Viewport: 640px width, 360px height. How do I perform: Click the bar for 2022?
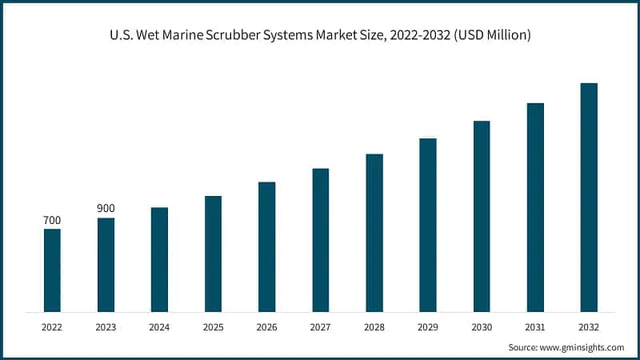click(52, 270)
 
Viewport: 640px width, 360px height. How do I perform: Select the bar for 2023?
click(106, 265)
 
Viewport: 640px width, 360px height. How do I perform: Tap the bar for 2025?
click(213, 254)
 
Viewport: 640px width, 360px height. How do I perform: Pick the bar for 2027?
click(321, 240)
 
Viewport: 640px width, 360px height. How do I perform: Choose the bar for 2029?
click(428, 225)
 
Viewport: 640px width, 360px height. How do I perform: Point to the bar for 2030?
click(482, 216)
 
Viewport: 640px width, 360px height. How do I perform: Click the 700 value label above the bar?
click(52, 220)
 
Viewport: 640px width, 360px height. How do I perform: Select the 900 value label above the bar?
click(106, 209)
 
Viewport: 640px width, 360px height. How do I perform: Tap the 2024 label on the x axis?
click(159, 326)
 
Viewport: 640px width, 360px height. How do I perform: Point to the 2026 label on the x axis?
click(266, 326)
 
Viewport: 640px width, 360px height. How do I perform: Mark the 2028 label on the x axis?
click(374, 326)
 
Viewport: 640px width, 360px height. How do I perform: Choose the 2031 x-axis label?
click(535, 326)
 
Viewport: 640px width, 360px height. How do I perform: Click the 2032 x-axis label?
click(589, 326)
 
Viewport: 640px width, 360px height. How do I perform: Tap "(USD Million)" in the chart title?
click(491, 36)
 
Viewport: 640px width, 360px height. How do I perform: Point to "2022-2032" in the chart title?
click(417, 36)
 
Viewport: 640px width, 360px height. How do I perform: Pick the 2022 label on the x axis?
click(52, 326)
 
